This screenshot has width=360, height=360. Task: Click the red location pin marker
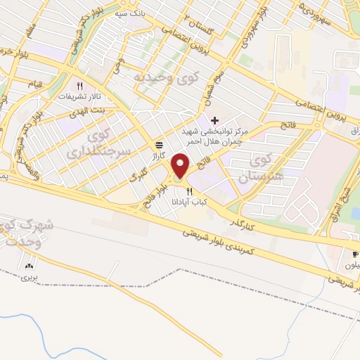click(x=181, y=167)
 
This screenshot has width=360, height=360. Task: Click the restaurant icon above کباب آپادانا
click(x=189, y=192)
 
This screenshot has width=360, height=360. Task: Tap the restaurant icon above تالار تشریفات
click(x=80, y=84)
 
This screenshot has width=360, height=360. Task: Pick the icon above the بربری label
click(x=30, y=266)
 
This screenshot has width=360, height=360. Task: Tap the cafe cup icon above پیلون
click(x=353, y=254)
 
